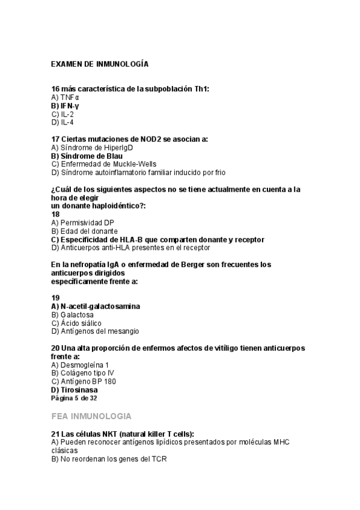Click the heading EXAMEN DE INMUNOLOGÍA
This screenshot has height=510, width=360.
click(x=99, y=63)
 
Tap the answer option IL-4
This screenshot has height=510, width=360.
click(x=63, y=122)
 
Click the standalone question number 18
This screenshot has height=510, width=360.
click(x=55, y=214)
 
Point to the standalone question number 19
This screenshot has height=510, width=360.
click(x=55, y=298)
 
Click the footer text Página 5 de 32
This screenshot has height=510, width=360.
click(x=74, y=398)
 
